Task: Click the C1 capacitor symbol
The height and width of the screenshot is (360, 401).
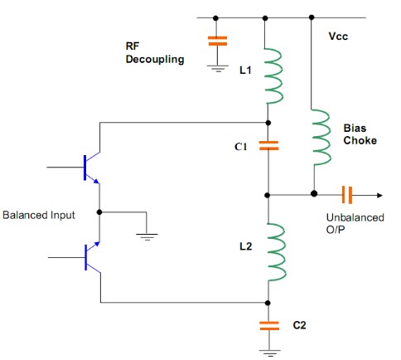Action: click(268, 146)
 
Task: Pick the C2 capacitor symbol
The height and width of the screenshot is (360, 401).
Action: click(269, 326)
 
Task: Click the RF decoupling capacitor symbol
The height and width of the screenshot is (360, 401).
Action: click(217, 41)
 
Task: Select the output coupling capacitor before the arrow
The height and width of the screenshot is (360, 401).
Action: click(347, 195)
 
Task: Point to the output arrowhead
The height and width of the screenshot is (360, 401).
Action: click(379, 195)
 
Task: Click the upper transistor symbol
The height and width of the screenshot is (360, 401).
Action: click(91, 168)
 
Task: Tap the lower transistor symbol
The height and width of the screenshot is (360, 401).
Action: click(92, 258)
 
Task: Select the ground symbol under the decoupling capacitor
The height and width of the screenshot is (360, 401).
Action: click(218, 69)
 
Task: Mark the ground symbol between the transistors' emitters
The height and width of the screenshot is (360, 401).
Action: click(147, 237)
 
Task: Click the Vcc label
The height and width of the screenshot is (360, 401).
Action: click(338, 36)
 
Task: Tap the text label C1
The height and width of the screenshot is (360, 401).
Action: click(241, 147)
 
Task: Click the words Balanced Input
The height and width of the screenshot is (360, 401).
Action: click(39, 215)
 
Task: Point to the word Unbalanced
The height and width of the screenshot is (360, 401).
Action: click(355, 217)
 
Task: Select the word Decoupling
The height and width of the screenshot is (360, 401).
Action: click(155, 60)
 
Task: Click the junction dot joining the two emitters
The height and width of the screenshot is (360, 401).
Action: click(99, 212)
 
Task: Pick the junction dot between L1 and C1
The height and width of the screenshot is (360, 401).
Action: click(268, 123)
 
